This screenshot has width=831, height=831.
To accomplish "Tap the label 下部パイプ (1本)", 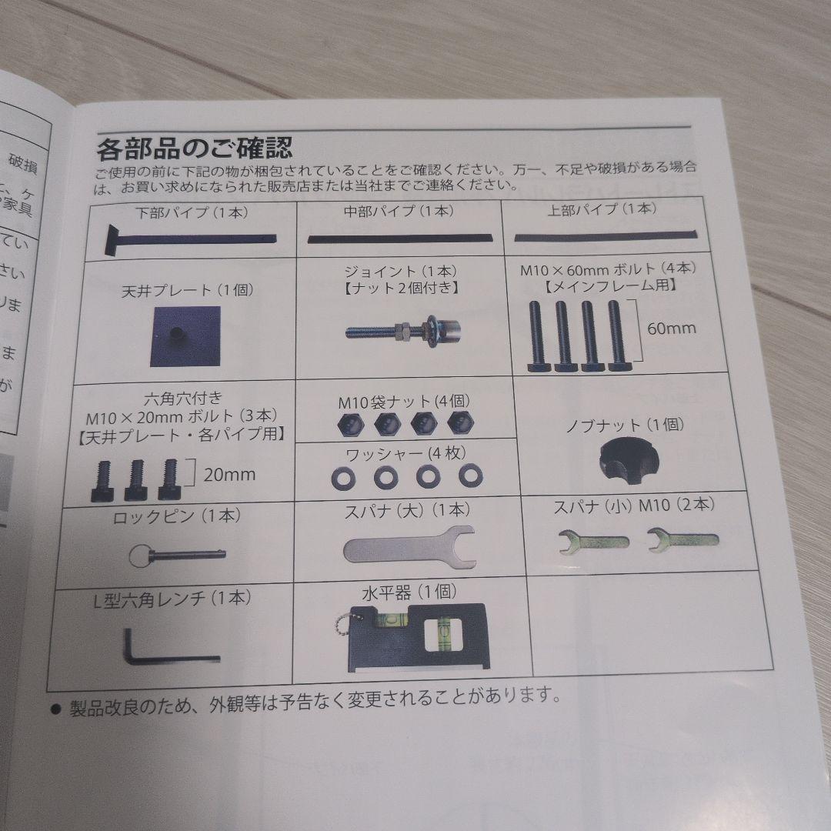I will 188,210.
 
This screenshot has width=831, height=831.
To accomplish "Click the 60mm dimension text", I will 671,328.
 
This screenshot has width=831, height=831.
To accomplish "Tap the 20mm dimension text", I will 229,474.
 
